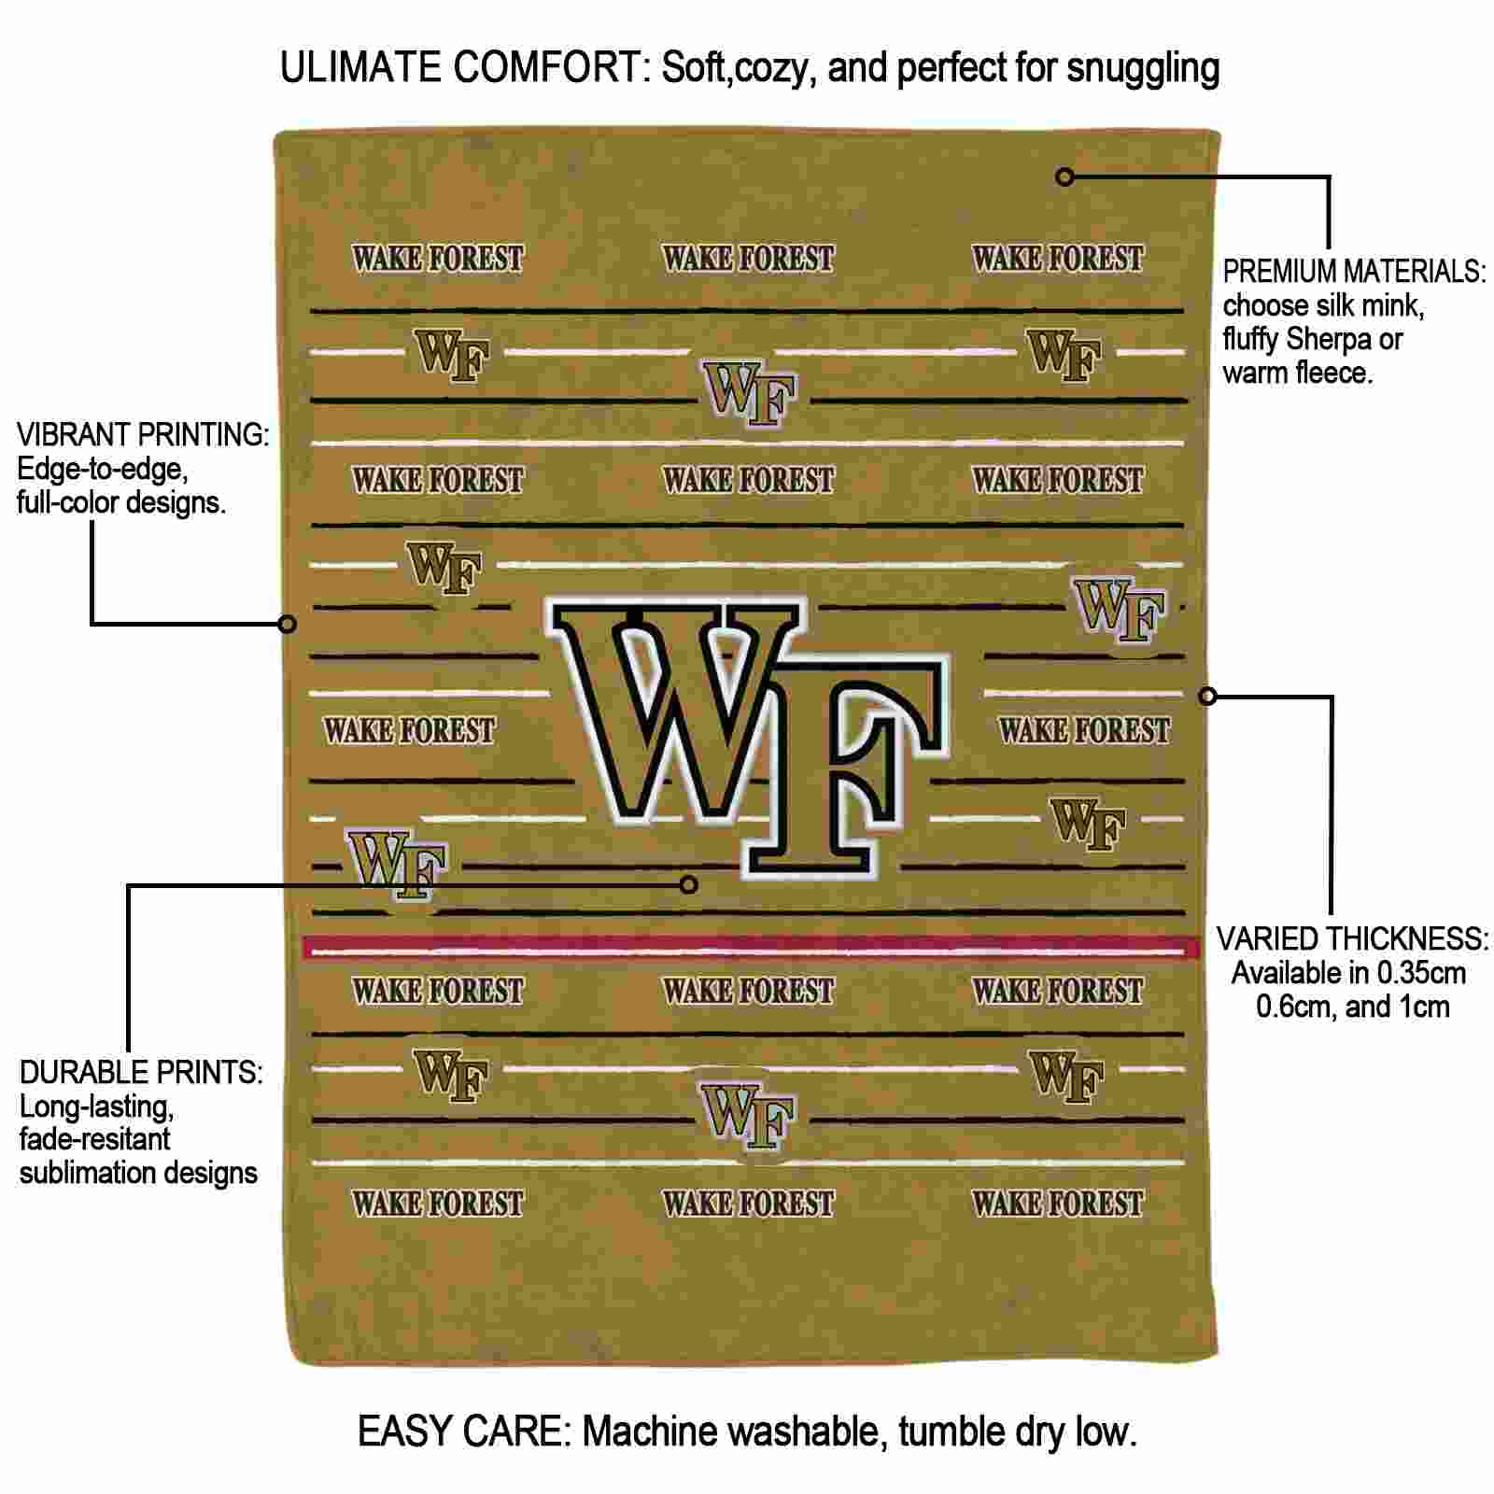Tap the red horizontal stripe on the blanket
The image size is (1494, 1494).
click(x=752, y=948)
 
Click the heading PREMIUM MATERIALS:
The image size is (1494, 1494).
click(x=1354, y=272)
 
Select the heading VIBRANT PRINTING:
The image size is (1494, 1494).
click(x=143, y=435)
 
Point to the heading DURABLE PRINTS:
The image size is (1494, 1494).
click(x=141, y=1073)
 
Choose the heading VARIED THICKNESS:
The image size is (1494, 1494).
click(x=1352, y=939)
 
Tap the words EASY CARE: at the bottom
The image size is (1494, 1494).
click(x=464, y=1431)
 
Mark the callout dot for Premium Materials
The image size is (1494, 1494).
click(x=1064, y=176)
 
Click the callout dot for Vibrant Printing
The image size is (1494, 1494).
click(x=288, y=623)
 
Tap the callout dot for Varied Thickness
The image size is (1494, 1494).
click(x=1207, y=696)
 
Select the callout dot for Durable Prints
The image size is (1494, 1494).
click(x=689, y=883)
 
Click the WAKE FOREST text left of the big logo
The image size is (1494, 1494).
click(x=409, y=729)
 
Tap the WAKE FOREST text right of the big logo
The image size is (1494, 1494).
click(x=1084, y=729)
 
